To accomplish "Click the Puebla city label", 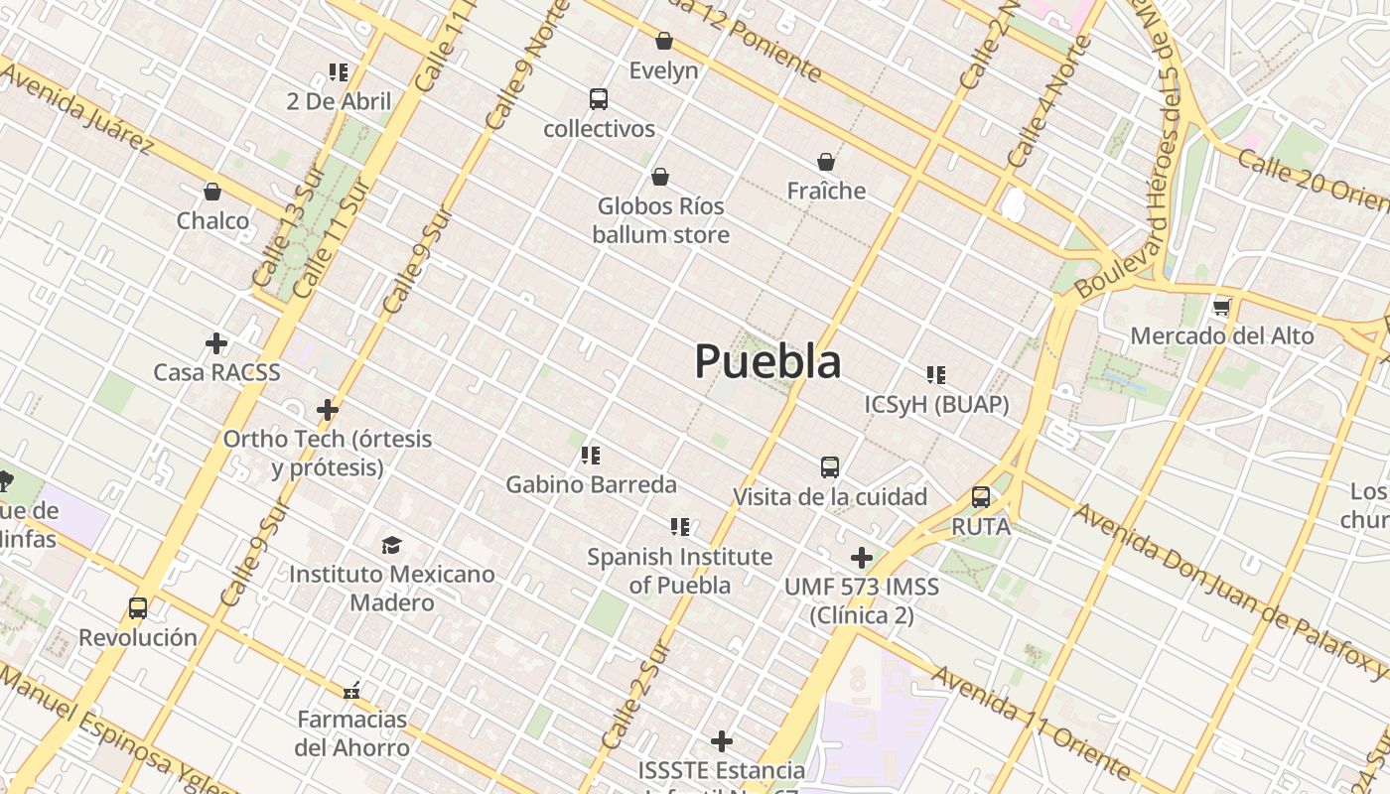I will pyautogui.click(x=767, y=361).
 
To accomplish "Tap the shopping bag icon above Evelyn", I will pyautogui.click(x=664, y=41).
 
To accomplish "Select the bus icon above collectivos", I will pyautogui.click(x=599, y=99).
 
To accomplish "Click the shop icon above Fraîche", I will pyautogui.click(x=826, y=162).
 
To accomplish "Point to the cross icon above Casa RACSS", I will pyautogui.click(x=216, y=343).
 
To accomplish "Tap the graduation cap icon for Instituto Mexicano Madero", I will pyautogui.click(x=392, y=545).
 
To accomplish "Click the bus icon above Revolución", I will pyautogui.click(x=138, y=608).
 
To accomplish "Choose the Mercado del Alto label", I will pyautogui.click(x=1222, y=335).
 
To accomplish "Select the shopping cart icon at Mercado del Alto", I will pyautogui.click(x=1222, y=308).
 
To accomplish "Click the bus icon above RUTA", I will pyautogui.click(x=981, y=497).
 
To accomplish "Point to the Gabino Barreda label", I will pyautogui.click(x=591, y=484).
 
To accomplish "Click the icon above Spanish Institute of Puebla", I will pyautogui.click(x=680, y=527).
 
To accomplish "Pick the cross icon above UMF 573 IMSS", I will pyautogui.click(x=862, y=558).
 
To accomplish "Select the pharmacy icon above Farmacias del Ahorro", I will pyautogui.click(x=351, y=690).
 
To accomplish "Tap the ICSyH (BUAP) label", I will pyautogui.click(x=936, y=404).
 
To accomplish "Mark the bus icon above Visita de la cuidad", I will pyautogui.click(x=830, y=467).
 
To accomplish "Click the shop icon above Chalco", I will pyautogui.click(x=212, y=192).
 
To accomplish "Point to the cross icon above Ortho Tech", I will pyautogui.click(x=328, y=410).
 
